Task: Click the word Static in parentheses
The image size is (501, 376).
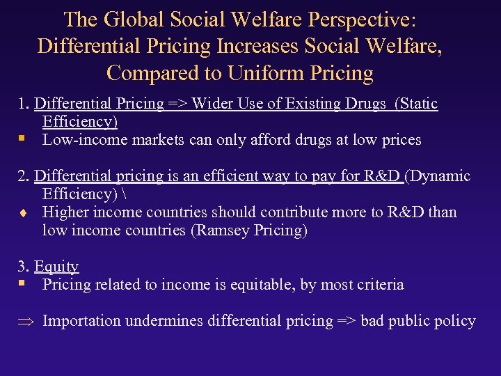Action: [419, 104]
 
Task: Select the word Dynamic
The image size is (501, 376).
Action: [440, 176]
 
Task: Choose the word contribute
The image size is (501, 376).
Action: [264, 212]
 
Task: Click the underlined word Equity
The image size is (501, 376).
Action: [56, 267]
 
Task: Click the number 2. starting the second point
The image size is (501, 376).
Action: [24, 176]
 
